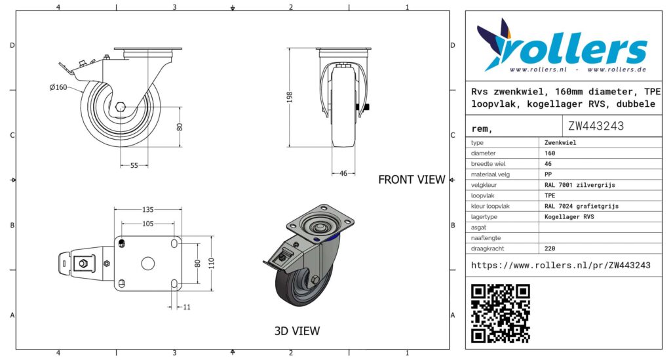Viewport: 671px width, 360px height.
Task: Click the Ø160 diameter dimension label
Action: (58, 87)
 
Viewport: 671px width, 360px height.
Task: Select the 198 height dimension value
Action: (290, 97)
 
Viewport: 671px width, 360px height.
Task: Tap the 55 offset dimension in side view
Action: (134, 165)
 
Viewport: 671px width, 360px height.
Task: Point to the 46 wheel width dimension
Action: (343, 173)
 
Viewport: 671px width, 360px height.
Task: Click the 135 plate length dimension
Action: (147, 210)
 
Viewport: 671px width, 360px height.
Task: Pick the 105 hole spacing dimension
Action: (147, 224)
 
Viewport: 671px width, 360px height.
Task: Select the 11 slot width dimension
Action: (187, 307)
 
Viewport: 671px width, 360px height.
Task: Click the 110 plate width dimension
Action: (212, 263)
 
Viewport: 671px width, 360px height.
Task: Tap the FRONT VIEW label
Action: (412, 180)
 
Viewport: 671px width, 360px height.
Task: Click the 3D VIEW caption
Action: (297, 331)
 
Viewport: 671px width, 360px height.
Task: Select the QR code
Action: (500, 313)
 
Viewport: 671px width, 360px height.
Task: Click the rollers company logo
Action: (562, 46)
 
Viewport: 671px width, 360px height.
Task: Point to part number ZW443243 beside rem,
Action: (596, 126)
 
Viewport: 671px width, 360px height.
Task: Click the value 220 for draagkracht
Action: (550, 249)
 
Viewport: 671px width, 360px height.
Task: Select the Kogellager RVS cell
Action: (569, 216)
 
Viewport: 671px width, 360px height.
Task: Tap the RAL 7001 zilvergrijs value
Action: (579, 185)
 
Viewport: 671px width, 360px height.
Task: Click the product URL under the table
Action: (561, 266)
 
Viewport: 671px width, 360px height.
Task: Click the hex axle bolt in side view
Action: (121, 107)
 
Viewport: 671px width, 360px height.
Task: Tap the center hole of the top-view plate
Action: (147, 263)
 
